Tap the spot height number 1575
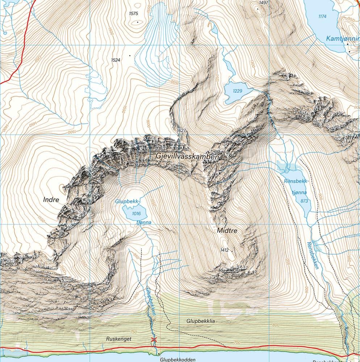134,14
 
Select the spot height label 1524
116,60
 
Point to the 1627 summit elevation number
181,130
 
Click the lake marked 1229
237,91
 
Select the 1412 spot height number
225,250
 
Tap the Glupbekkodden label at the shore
177,359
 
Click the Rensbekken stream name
313,255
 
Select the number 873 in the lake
304,201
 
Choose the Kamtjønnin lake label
342,38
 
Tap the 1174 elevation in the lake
322,16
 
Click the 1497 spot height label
264,3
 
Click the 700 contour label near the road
238,342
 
